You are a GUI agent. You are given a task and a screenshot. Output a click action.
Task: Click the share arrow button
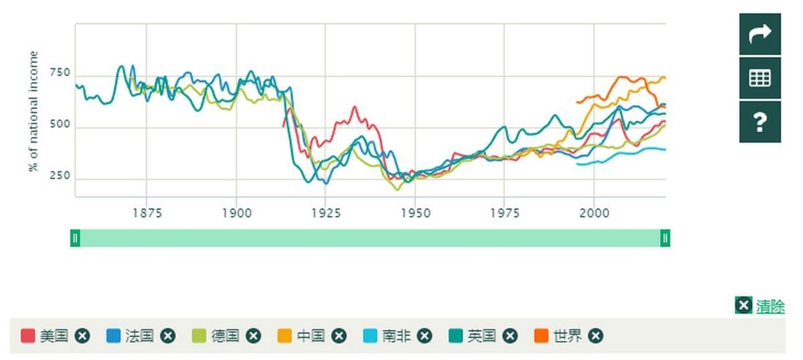(760, 34)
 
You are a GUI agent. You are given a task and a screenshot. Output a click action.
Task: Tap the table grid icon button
(760, 78)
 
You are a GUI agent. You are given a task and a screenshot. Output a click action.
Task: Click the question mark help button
(760, 122)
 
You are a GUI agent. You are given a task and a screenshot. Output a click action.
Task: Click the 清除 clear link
(770, 306)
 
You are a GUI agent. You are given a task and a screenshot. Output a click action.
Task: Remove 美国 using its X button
(82, 336)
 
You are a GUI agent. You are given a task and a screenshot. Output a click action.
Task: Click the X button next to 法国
(167, 336)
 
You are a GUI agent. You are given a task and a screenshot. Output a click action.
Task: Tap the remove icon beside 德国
(253, 336)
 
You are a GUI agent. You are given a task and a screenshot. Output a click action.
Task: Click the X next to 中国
(339, 336)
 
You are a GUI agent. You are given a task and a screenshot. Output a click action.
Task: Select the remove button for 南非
(424, 336)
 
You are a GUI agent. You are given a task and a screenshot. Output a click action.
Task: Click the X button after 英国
(510, 336)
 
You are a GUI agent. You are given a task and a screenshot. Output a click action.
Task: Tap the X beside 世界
(596, 336)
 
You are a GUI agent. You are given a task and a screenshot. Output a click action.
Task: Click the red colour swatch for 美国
(28, 336)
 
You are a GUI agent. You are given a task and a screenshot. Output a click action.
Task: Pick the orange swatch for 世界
(541, 336)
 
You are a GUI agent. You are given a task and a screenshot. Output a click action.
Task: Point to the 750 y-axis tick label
(59, 73)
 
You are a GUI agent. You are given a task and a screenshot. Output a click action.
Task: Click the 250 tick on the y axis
(59, 176)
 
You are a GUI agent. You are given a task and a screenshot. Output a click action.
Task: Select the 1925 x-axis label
(326, 213)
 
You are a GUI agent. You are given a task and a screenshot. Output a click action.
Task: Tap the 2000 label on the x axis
(594, 213)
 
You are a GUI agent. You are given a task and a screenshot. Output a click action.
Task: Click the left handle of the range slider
(75, 238)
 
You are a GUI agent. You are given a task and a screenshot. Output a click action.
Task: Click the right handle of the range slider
(665, 238)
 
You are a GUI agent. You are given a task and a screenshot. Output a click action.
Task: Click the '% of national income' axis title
(33, 111)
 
